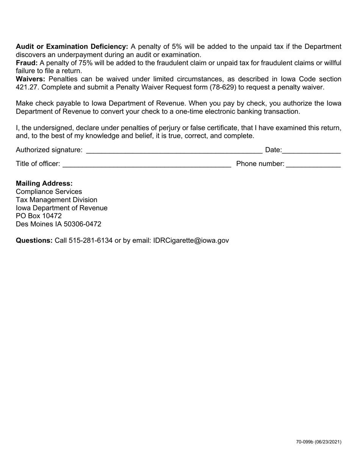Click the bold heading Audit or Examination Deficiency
(x=72, y=47)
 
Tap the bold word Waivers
(x=30, y=79)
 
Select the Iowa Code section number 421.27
(x=27, y=87)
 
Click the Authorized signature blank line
(x=174, y=151)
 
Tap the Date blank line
(x=311, y=151)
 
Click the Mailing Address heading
(x=44, y=183)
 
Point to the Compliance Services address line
(x=49, y=192)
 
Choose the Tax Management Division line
(x=56, y=200)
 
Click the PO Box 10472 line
(x=39, y=216)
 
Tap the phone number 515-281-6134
(x=91, y=241)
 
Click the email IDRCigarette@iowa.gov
(x=191, y=241)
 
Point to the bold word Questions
(x=34, y=241)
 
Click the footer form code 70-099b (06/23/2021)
(x=319, y=442)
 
